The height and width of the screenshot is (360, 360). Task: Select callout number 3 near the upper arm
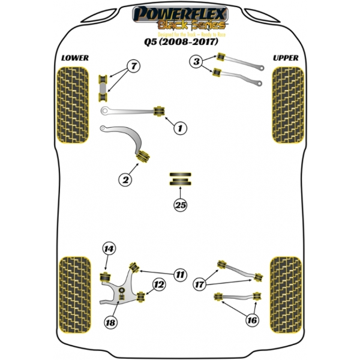point(196,61)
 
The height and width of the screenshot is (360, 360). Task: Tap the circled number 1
point(179,127)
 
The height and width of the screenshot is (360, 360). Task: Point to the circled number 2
point(125,178)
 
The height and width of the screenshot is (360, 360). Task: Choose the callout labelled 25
point(180,205)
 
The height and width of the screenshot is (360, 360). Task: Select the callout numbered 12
point(158,286)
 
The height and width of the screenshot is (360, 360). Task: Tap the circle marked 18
point(110,323)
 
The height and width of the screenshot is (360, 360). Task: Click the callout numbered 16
point(252,320)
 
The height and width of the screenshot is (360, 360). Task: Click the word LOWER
point(74,58)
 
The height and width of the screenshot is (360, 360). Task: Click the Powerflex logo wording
point(179,14)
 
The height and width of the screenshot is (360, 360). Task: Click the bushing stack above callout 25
point(180,179)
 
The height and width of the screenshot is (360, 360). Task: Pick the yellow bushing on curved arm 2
point(143,155)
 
